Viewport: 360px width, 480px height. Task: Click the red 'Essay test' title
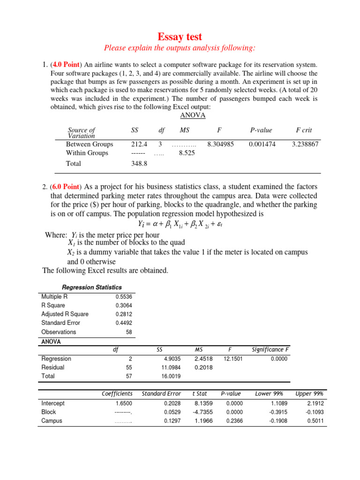180,37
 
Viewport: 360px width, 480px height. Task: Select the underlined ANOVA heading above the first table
193,115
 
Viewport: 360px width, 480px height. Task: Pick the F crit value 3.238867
305,144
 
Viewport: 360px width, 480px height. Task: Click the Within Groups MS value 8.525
187,153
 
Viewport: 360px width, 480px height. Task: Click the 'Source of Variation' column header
82,133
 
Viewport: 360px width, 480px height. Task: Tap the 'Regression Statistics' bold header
92,287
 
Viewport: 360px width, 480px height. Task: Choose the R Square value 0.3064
124,305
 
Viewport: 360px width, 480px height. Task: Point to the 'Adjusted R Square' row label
65,314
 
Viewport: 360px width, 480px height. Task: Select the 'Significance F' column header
270,350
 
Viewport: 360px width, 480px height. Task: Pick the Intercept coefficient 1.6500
124,403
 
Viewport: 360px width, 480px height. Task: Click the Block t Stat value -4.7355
202,412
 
